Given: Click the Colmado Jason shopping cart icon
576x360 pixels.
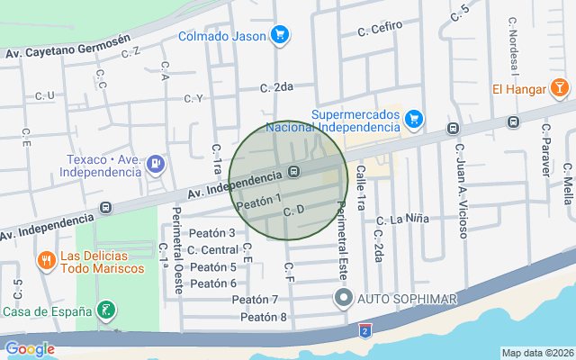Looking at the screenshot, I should [x=280, y=36].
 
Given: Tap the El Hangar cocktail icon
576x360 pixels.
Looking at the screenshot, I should [x=560, y=88].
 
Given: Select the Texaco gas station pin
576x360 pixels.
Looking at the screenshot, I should [x=156, y=163].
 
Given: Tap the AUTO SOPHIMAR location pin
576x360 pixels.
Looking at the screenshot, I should [x=342, y=298].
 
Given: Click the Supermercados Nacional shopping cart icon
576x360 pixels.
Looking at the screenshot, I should [x=414, y=118].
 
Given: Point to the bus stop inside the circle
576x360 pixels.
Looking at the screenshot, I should [x=293, y=172].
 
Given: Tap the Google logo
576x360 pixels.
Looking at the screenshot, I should [x=29, y=349].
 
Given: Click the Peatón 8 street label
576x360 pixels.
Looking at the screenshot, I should [x=264, y=317].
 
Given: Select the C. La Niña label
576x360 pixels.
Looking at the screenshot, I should [x=403, y=219].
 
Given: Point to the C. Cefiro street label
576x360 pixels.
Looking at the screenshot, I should [x=379, y=30].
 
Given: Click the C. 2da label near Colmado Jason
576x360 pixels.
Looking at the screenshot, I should [x=277, y=87].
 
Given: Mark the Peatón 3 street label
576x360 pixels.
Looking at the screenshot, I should [x=212, y=233].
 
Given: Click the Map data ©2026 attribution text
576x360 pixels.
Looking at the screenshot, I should [x=537, y=353].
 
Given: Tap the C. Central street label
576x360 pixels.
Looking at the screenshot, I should [x=213, y=249].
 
